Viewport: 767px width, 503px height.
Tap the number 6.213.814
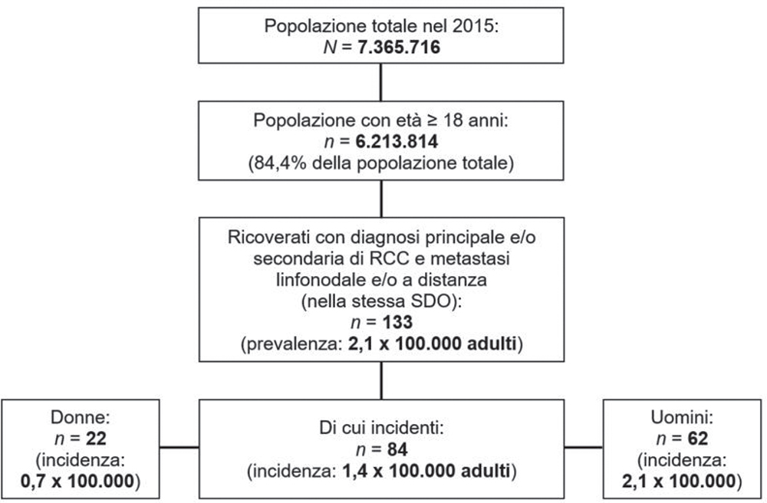click(x=390, y=141)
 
